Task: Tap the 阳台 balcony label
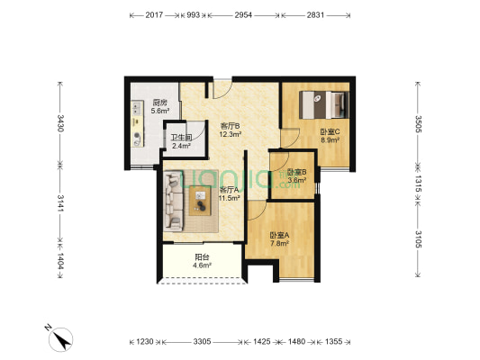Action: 203,262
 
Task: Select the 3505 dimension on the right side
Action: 419,123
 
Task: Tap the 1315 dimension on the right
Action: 419,180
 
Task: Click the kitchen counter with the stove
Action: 138,122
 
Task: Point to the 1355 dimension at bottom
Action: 333,342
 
